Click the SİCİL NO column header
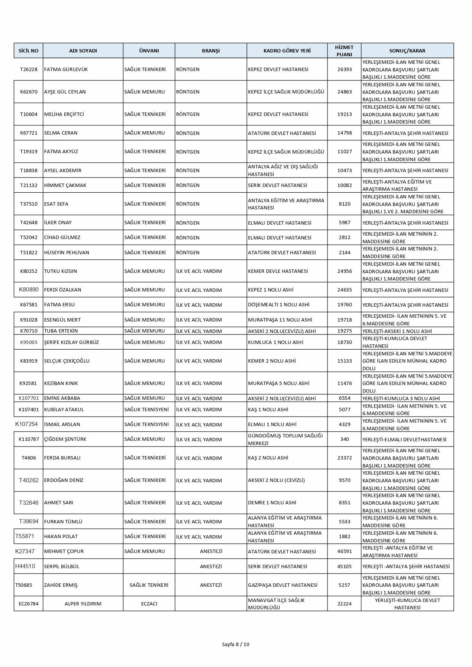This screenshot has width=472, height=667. (x=29, y=51)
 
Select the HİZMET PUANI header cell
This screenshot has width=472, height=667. (x=344, y=51)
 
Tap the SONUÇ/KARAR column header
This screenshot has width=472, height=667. (x=407, y=51)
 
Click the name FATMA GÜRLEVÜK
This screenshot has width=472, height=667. (x=60, y=69)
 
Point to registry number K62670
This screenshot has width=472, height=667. (x=29, y=92)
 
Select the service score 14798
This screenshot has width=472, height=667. (x=345, y=133)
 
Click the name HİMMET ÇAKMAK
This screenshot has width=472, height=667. (x=65, y=185)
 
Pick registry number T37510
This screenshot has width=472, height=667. (x=29, y=204)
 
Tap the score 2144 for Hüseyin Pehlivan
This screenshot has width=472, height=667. (x=345, y=252)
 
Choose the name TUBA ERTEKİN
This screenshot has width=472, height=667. (x=61, y=331)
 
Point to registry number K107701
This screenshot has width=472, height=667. (x=29, y=398)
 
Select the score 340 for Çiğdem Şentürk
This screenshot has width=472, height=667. (x=345, y=439)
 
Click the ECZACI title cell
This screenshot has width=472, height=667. (x=149, y=604)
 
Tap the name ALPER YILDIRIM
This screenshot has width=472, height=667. (x=83, y=604)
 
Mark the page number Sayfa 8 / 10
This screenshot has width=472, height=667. (x=236, y=644)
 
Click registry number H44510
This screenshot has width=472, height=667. (x=25, y=566)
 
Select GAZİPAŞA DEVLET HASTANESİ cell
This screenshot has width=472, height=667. (x=282, y=585)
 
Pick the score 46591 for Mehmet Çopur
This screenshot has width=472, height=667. (x=345, y=551)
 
